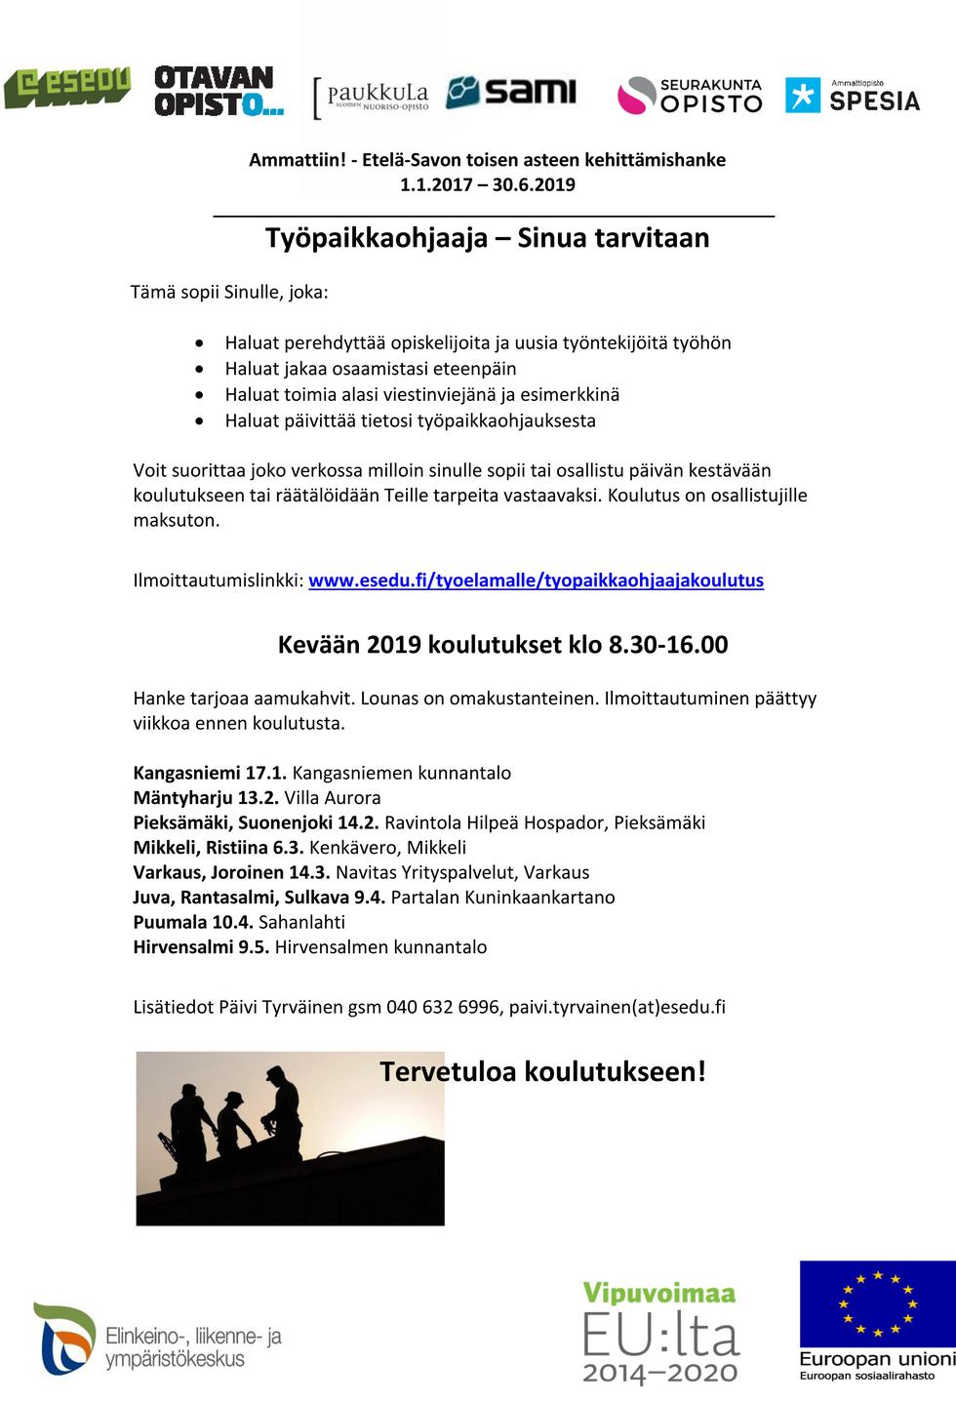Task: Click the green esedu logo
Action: click(66, 88)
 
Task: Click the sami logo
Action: click(511, 92)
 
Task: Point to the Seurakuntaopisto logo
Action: click(690, 96)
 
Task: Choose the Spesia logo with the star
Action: click(853, 96)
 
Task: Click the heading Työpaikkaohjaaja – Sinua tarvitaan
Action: click(487, 238)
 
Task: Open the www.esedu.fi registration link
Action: click(536, 580)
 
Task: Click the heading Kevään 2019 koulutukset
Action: click(502, 645)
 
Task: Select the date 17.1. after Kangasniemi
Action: click(265, 773)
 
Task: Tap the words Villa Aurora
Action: click(333, 798)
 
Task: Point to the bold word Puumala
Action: click(170, 922)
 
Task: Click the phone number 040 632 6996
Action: click(444, 1007)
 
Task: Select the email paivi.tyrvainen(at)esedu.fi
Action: click(617, 1007)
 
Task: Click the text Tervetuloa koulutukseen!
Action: click(542, 1071)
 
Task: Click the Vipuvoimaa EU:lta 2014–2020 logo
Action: click(660, 1332)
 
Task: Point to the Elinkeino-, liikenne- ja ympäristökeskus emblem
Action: click(64, 1338)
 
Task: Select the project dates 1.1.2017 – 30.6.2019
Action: click(487, 184)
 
